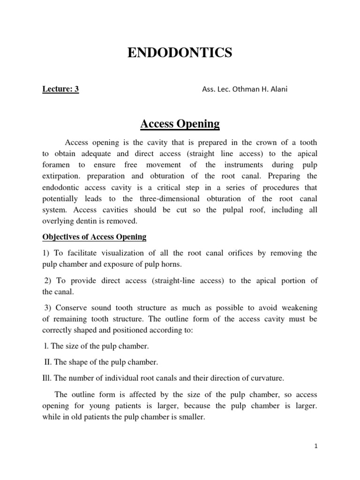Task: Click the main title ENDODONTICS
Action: pos(180,53)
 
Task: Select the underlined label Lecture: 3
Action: pos(60,90)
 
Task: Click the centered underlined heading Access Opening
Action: pos(180,124)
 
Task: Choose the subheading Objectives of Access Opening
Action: pos(94,237)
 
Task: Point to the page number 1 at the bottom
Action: pos(316,446)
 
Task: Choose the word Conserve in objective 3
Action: pos(73,307)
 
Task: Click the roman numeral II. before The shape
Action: pos(47,362)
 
